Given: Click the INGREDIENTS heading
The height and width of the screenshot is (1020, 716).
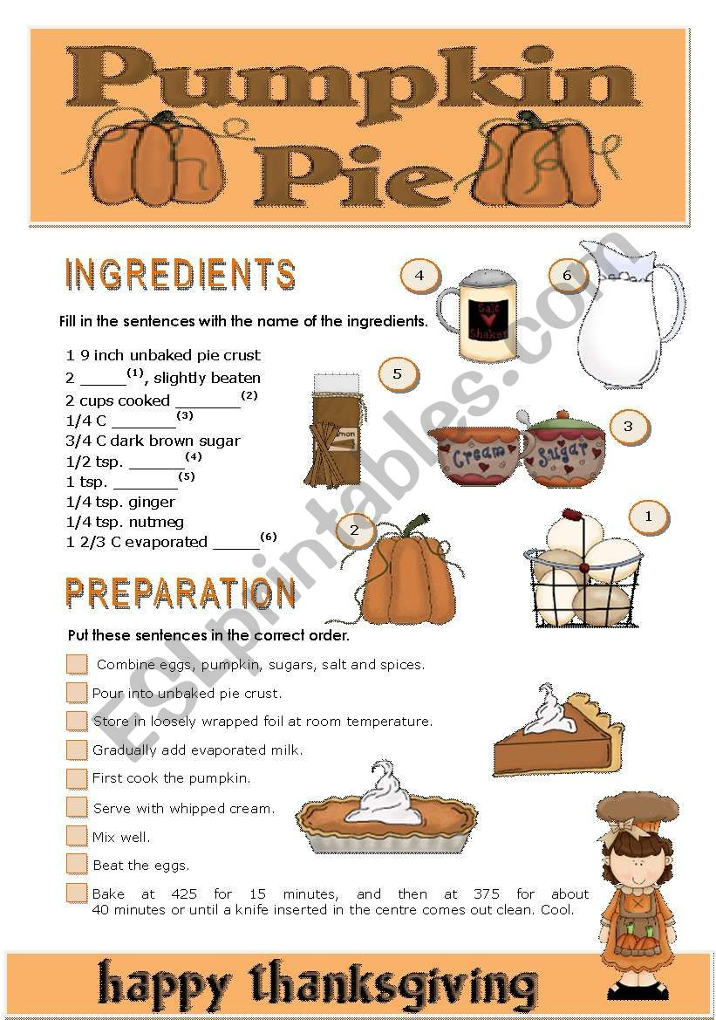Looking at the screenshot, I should tap(181, 274).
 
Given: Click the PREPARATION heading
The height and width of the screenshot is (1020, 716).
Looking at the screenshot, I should tap(181, 593).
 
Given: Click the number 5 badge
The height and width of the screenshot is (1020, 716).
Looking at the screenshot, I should tap(398, 375).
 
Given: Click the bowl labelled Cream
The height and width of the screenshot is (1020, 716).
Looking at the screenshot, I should tap(476, 454).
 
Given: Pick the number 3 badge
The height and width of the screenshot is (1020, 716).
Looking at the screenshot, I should tap(628, 427).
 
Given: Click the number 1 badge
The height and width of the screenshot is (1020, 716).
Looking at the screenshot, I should tap(648, 517).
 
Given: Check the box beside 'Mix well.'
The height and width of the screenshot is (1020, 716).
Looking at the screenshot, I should tap(77, 836).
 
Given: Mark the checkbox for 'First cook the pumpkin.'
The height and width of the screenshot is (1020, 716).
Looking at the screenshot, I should tap(77, 777).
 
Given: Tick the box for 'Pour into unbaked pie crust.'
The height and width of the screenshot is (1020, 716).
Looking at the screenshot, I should tap(77, 693).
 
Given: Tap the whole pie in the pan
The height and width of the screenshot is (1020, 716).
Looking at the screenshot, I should tap(386, 816).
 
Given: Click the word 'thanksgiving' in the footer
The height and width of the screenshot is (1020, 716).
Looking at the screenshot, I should tap(394, 986).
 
